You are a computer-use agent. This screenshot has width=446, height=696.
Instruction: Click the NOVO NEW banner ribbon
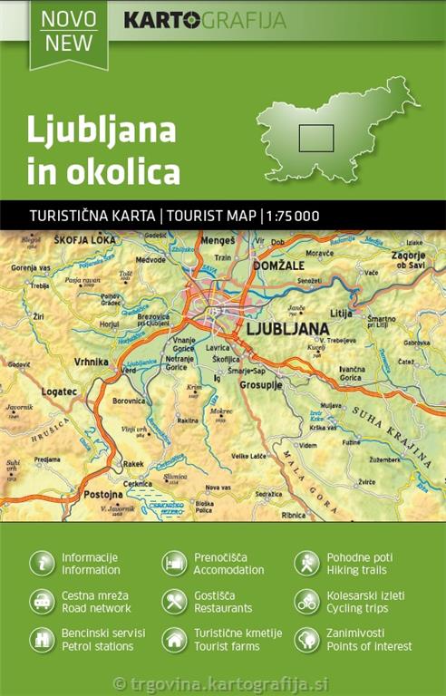[68, 31]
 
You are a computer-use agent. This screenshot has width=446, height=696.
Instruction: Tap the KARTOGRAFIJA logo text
[204, 20]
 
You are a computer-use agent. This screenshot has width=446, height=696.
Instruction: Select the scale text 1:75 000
[293, 216]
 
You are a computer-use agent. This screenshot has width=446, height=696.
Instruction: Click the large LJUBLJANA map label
[287, 328]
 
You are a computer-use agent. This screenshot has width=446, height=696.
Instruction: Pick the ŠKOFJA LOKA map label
[86, 241]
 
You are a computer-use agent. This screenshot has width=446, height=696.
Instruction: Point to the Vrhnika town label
[92, 362]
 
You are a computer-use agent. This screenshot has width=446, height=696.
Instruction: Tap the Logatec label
[59, 391]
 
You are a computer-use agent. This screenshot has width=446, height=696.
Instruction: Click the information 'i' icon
[42, 563]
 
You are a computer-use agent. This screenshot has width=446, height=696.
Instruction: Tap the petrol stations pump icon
[42, 640]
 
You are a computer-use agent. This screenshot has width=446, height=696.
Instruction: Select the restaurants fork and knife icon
[174, 602]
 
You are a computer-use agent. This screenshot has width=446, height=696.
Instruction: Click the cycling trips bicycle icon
[306, 602]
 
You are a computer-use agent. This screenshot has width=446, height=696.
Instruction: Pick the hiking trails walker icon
[306, 563]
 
